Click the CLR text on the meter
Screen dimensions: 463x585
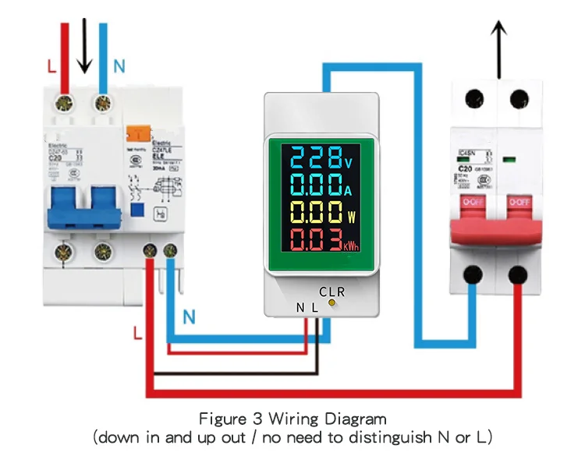(331, 292)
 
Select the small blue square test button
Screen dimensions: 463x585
(138, 209)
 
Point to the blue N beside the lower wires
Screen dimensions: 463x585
(189, 317)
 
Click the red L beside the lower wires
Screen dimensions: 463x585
(137, 334)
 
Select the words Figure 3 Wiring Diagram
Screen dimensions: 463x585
(292, 419)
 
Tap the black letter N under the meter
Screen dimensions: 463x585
(300, 307)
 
